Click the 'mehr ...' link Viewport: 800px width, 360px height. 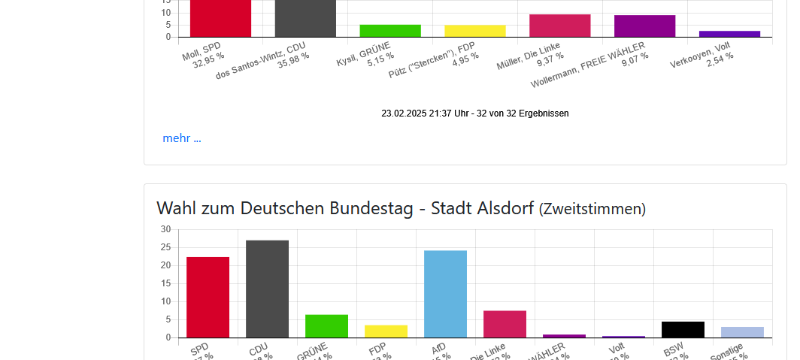[181, 138]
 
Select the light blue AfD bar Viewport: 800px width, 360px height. [445, 294]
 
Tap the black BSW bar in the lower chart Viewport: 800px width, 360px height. [683, 330]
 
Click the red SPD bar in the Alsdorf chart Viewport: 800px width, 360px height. [208, 297]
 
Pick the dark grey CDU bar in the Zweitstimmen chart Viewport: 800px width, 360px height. [267, 289]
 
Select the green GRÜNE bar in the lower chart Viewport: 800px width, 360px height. [326, 326]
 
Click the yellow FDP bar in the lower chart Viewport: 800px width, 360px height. [386, 331]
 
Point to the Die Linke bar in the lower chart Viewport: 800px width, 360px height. [505, 324]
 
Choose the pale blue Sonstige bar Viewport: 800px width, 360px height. [742, 332]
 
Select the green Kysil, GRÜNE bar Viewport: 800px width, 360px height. [390, 31]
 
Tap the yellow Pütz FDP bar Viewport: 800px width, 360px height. [475, 31]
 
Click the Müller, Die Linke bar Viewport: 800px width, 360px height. [560, 26]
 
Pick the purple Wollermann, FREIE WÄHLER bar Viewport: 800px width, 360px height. [644, 26]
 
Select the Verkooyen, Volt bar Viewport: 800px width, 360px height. [729, 34]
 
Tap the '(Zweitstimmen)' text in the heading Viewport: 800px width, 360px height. [592, 209]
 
